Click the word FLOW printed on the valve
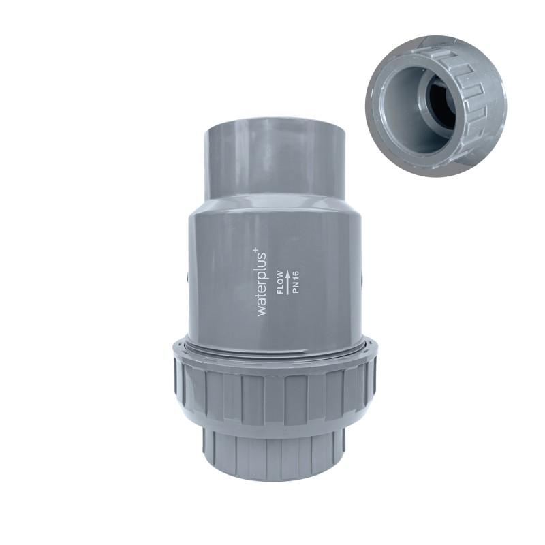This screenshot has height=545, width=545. point(281,282)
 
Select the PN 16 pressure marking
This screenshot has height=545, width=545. point(296,282)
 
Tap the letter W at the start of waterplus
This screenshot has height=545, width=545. point(262,311)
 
